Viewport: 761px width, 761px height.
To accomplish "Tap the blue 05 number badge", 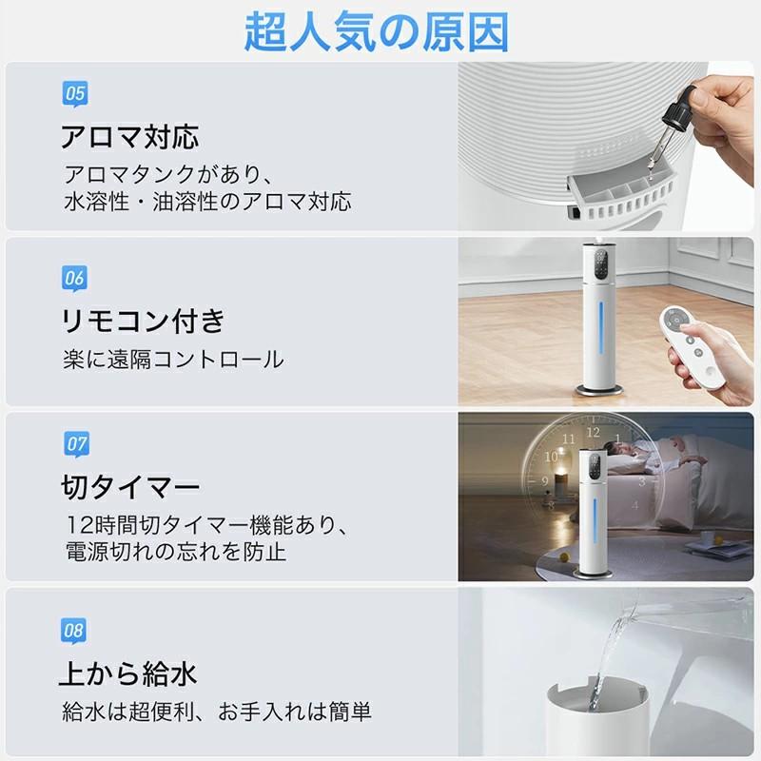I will click(x=75, y=93).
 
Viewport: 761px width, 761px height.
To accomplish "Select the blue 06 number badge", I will click(x=75, y=279).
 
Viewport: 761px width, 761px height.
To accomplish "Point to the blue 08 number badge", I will click(x=74, y=630).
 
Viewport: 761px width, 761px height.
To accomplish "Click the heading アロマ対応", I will click(x=129, y=137).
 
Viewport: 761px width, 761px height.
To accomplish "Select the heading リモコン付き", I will click(x=143, y=321).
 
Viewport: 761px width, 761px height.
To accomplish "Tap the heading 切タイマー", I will click(x=129, y=488).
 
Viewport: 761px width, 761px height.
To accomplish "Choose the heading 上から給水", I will click(x=128, y=674).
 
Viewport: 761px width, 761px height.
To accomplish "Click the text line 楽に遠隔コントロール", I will click(x=173, y=360).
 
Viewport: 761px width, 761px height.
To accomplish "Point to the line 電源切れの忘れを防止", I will click(x=176, y=552).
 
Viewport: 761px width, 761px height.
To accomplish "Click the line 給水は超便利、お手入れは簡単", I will click(x=217, y=711).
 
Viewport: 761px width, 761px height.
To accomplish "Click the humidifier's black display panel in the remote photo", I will click(x=601, y=264).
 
